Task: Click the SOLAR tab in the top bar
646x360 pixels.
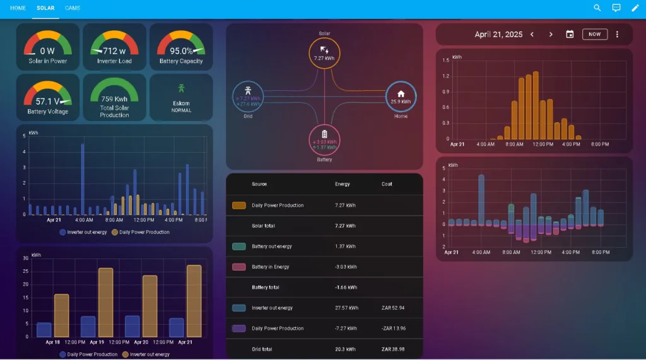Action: coord(45,8)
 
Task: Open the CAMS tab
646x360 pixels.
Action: coord(73,8)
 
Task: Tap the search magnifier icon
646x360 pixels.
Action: coord(597,8)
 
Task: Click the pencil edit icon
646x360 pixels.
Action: coord(635,8)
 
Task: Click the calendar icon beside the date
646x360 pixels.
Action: coord(570,35)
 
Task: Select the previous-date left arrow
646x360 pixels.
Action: coord(532,35)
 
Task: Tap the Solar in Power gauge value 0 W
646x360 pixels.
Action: coord(48,51)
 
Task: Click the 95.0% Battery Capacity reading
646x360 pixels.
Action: coord(181,51)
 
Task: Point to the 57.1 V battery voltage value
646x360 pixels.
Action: coord(48,102)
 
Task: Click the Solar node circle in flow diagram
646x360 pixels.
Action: coord(324,53)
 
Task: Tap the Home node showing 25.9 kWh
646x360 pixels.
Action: coord(401,97)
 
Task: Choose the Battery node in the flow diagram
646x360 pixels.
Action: coord(324,139)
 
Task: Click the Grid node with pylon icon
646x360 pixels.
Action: coord(248,97)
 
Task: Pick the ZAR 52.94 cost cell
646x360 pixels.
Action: coord(393,308)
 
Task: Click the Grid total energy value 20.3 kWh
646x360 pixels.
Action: coord(346,349)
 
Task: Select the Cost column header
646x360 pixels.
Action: coord(387,184)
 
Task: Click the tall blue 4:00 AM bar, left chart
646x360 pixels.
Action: coord(83,180)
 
